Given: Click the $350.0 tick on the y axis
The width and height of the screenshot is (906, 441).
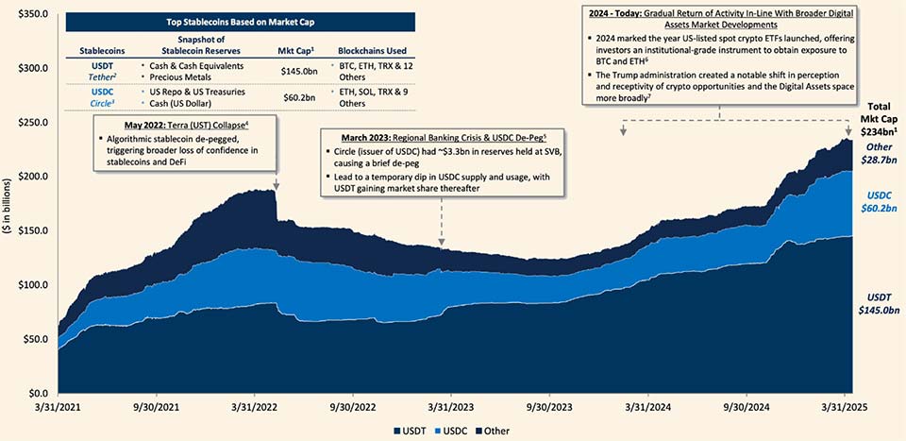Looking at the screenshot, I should [30, 14].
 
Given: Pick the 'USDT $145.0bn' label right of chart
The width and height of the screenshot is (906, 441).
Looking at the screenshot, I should [877, 302].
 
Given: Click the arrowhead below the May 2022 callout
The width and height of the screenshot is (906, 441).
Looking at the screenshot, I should [276, 187].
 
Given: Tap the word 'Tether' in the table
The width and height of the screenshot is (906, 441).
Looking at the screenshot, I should [97, 77].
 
